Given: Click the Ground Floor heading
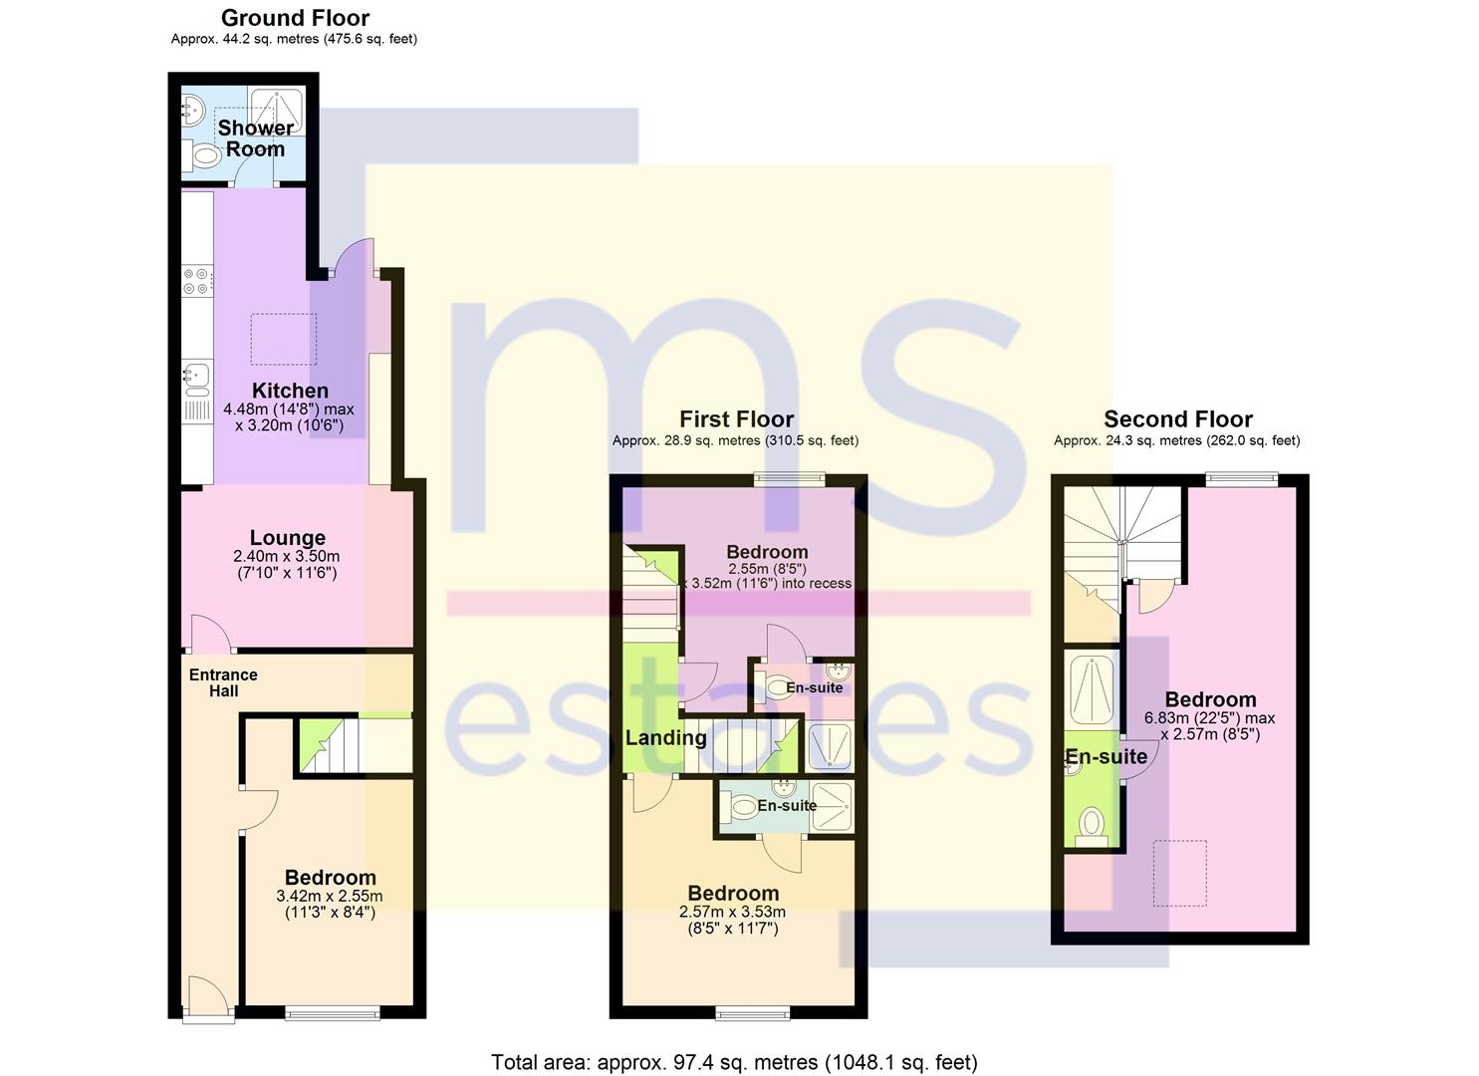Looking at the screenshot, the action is [x=295, y=18].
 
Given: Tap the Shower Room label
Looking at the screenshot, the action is [x=256, y=138].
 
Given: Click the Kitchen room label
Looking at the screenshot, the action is [x=290, y=391].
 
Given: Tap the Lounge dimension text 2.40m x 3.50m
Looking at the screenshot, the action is [x=287, y=556].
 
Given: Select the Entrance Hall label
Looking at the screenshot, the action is [x=223, y=683].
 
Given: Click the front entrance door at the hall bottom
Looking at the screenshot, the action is [x=208, y=1000].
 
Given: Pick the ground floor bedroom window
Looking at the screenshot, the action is [x=333, y=1012].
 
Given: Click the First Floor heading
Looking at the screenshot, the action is [x=736, y=419].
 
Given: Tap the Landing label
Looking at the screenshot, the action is [x=665, y=738].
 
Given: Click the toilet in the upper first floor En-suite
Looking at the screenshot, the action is [x=771, y=686].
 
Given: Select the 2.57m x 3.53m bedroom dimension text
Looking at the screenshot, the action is [x=732, y=913].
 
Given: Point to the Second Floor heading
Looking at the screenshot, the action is [x=1178, y=419].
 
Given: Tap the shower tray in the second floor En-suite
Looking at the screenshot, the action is [x=1092, y=688].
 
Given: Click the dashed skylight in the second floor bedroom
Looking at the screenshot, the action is [x=1180, y=873].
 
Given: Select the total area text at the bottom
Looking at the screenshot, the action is [x=734, y=1062].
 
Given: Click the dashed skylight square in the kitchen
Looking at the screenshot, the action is [x=283, y=339].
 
